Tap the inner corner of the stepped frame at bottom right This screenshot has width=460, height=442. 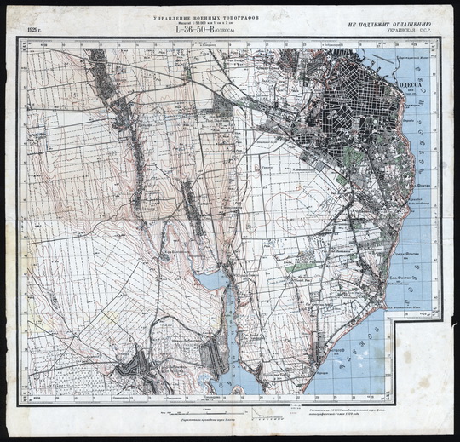pos(394,316)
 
